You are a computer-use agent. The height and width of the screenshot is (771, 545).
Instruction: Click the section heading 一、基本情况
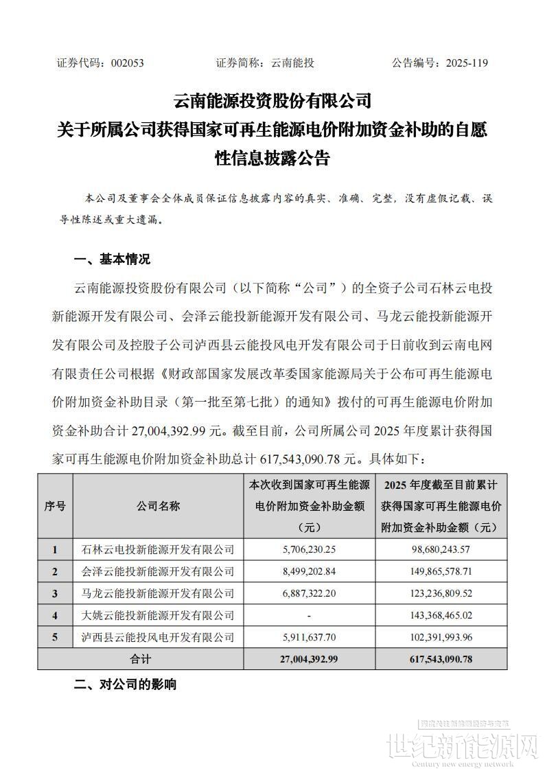pyautogui.click(x=112, y=260)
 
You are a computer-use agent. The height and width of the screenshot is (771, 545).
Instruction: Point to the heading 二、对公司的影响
pyautogui.click(x=125, y=684)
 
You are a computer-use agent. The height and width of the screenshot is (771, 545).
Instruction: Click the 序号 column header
pyautogui.click(x=55, y=506)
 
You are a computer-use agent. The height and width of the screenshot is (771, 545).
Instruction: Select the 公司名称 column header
pyautogui.click(x=158, y=506)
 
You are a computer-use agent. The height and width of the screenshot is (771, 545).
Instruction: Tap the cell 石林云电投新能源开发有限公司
pyautogui.click(x=158, y=549)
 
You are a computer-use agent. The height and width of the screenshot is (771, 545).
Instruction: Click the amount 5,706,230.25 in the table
pyautogui.click(x=309, y=549)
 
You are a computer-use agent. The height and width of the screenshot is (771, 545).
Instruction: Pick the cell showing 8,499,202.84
pyautogui.click(x=309, y=571)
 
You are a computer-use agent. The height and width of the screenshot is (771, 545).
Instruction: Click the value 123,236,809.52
pyautogui.click(x=441, y=593)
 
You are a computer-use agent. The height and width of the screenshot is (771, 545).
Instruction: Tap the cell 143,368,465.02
pyautogui.click(x=441, y=615)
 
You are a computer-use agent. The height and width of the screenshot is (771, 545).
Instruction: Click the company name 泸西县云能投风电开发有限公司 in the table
pyautogui.click(x=158, y=637)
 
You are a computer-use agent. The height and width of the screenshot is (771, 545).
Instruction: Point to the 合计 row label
pyautogui.click(x=141, y=658)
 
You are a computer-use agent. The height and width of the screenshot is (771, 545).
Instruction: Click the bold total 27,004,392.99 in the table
pyautogui.click(x=309, y=658)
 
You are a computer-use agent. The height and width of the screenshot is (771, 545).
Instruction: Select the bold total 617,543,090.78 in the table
pyautogui.click(x=441, y=658)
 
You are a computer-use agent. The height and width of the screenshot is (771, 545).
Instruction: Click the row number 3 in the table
pyautogui.click(x=55, y=593)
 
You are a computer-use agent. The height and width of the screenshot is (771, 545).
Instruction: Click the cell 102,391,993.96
pyautogui.click(x=441, y=637)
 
